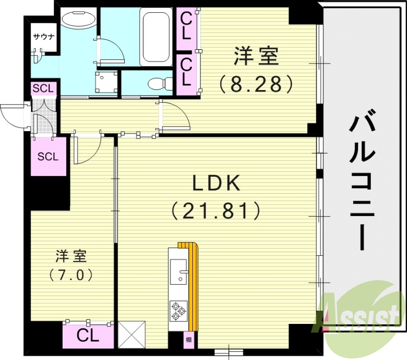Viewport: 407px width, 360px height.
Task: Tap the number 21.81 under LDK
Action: [x=216, y=209]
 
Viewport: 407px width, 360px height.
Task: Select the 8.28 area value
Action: [x=256, y=83]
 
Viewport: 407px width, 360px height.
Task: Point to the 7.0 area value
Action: [x=71, y=275]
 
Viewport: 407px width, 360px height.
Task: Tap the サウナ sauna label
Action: [x=44, y=37]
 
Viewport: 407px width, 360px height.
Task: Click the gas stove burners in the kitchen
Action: [x=178, y=310]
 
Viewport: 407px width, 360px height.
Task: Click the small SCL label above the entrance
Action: [x=43, y=88]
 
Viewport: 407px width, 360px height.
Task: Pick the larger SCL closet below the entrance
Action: [x=48, y=156]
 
